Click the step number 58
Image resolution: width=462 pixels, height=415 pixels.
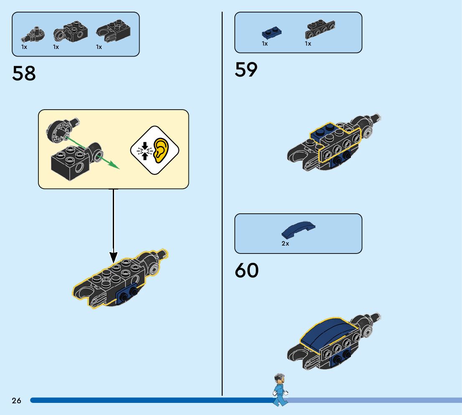[x=24, y=74]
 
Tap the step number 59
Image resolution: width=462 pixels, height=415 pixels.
[x=246, y=69]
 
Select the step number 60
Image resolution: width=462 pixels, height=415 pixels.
[x=246, y=271]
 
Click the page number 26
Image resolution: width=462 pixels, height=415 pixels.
[x=16, y=401]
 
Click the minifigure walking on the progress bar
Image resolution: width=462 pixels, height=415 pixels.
[x=279, y=389]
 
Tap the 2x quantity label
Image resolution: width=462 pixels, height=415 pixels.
[x=285, y=243]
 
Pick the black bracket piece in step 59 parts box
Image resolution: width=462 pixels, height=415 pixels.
[x=321, y=29]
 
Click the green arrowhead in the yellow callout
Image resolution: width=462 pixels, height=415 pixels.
[x=113, y=166]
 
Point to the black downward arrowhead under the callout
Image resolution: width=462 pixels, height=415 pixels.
[x=113, y=257]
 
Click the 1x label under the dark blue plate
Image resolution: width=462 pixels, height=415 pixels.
[x=265, y=44]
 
